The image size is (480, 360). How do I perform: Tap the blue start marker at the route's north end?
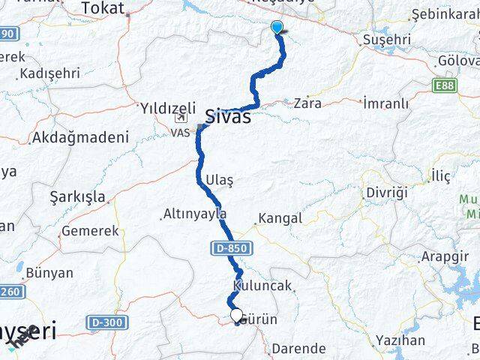coord(277,28)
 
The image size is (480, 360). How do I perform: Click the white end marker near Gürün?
coord(236,316)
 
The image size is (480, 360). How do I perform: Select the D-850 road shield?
coord(229,247)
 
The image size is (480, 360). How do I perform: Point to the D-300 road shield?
coord(103,322)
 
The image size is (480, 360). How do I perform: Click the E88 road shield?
coord(444,87)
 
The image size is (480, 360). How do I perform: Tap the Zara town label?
coord(307,103)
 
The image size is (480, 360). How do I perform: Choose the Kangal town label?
coord(280,219)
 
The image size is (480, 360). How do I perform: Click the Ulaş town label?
coord(219,181)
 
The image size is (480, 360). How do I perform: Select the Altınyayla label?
coord(193,214)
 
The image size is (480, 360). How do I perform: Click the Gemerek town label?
coord(90,231)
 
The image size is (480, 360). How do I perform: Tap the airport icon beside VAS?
coord(181,118)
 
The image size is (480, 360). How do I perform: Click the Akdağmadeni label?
coord(80,138)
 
